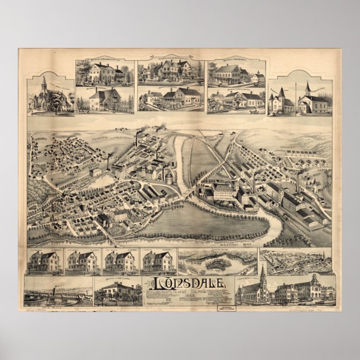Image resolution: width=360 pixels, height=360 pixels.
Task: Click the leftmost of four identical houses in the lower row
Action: tap(45, 261)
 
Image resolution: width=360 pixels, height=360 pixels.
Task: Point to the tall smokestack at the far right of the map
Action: tap(298, 182)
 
